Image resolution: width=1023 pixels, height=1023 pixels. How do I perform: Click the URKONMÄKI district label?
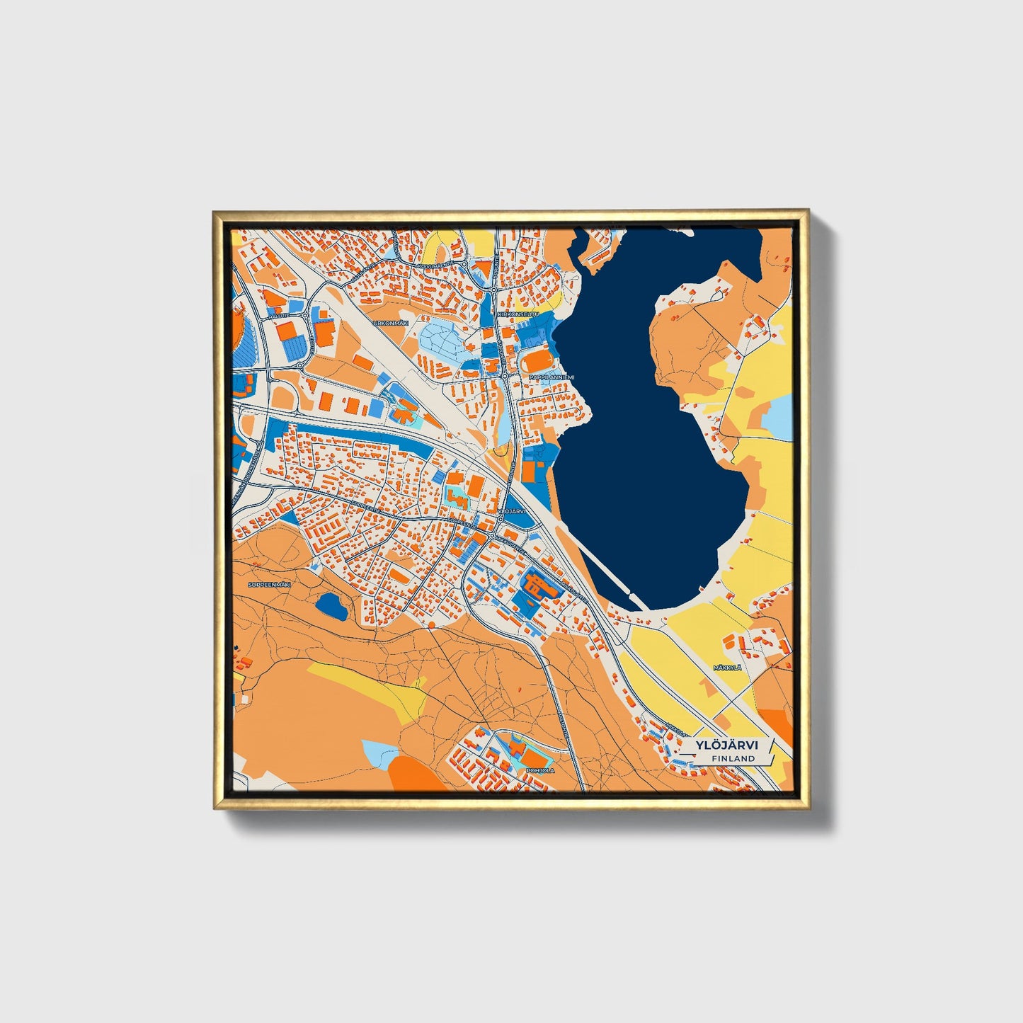(392, 323)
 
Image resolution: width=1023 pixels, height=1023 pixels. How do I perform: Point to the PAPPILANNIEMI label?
(552, 377)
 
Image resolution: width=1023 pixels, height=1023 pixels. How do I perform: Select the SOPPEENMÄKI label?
(270, 585)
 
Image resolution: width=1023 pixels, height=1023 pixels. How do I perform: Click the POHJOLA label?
(541, 770)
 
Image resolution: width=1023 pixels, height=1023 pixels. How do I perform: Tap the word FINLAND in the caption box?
(733, 758)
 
